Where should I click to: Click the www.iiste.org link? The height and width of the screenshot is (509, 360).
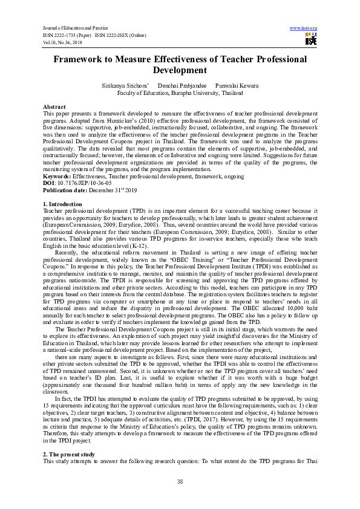pyautogui.click(x=304, y=28)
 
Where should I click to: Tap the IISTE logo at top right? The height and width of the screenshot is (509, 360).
pyautogui.click(x=311, y=40)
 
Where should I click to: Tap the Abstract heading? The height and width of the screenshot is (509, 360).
pyautogui.click(x=54, y=106)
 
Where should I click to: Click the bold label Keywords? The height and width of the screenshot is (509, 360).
pyautogui.click(x=56, y=176)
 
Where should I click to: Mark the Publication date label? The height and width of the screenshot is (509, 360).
pyautogui.click(x=65, y=189)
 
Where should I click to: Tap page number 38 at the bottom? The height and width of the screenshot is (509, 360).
pyautogui.click(x=180, y=481)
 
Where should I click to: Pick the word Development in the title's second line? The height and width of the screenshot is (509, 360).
pyautogui.click(x=180, y=71)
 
